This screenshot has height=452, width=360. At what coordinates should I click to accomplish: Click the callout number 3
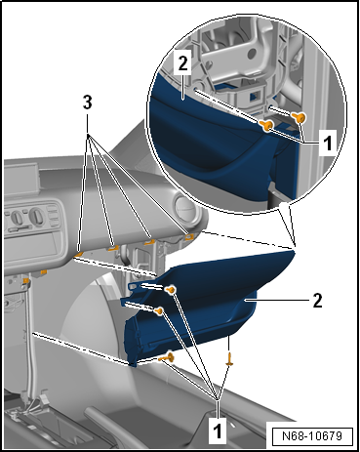point(87,103)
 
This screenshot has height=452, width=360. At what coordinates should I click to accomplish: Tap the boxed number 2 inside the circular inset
point(183,63)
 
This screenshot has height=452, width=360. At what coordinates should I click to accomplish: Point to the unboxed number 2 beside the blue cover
point(317,301)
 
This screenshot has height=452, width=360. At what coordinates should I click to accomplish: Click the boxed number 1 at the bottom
point(218,431)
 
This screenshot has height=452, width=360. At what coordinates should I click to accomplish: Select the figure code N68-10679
point(312,435)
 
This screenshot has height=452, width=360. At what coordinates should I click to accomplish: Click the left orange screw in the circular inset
point(268,125)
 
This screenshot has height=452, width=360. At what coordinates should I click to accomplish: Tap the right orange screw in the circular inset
point(300,117)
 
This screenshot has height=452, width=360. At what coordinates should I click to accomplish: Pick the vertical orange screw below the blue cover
point(229,359)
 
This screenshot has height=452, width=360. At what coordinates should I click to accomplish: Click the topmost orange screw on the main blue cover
point(171,289)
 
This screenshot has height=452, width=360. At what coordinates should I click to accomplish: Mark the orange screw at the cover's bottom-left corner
point(166,357)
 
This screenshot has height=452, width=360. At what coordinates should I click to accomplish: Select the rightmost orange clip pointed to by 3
point(188,236)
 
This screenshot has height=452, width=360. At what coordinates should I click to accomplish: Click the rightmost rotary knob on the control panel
point(37,216)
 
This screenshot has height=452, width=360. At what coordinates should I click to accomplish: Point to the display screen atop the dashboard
point(21,178)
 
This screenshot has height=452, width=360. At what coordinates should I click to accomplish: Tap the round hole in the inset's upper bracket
point(252,54)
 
